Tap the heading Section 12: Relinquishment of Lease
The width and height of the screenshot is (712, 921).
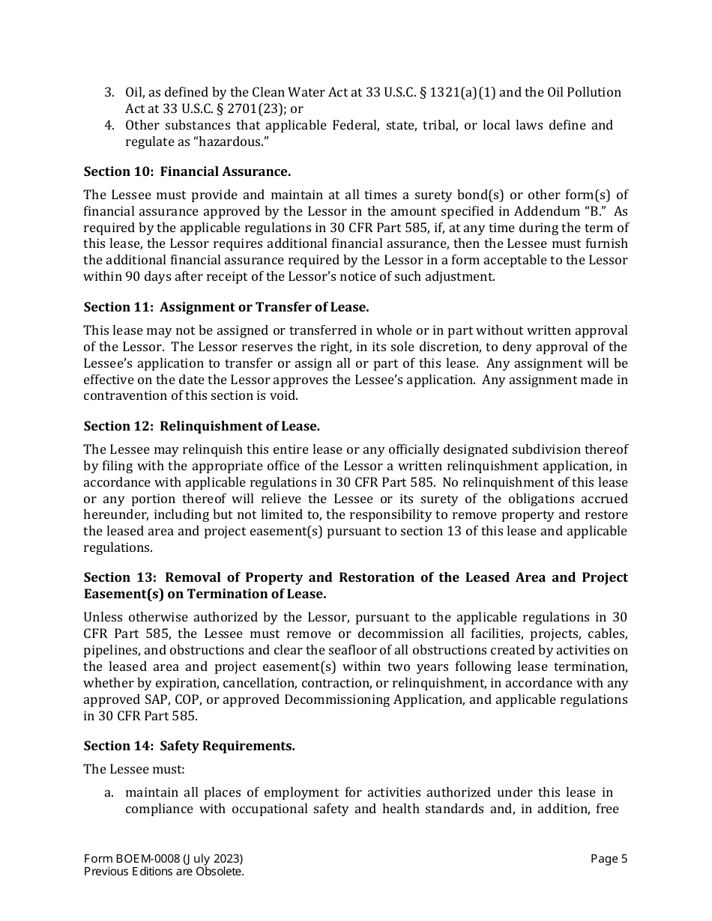tap(202, 426)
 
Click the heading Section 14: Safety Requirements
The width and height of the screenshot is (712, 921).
tap(189, 746)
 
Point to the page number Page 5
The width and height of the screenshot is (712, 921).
tap(609, 859)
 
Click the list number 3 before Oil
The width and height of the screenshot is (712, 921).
tap(109, 92)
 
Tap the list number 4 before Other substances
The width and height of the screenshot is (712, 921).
tap(109, 125)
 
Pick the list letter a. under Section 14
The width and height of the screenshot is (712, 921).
tap(109, 792)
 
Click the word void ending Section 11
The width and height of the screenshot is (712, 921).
tap(286, 396)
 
